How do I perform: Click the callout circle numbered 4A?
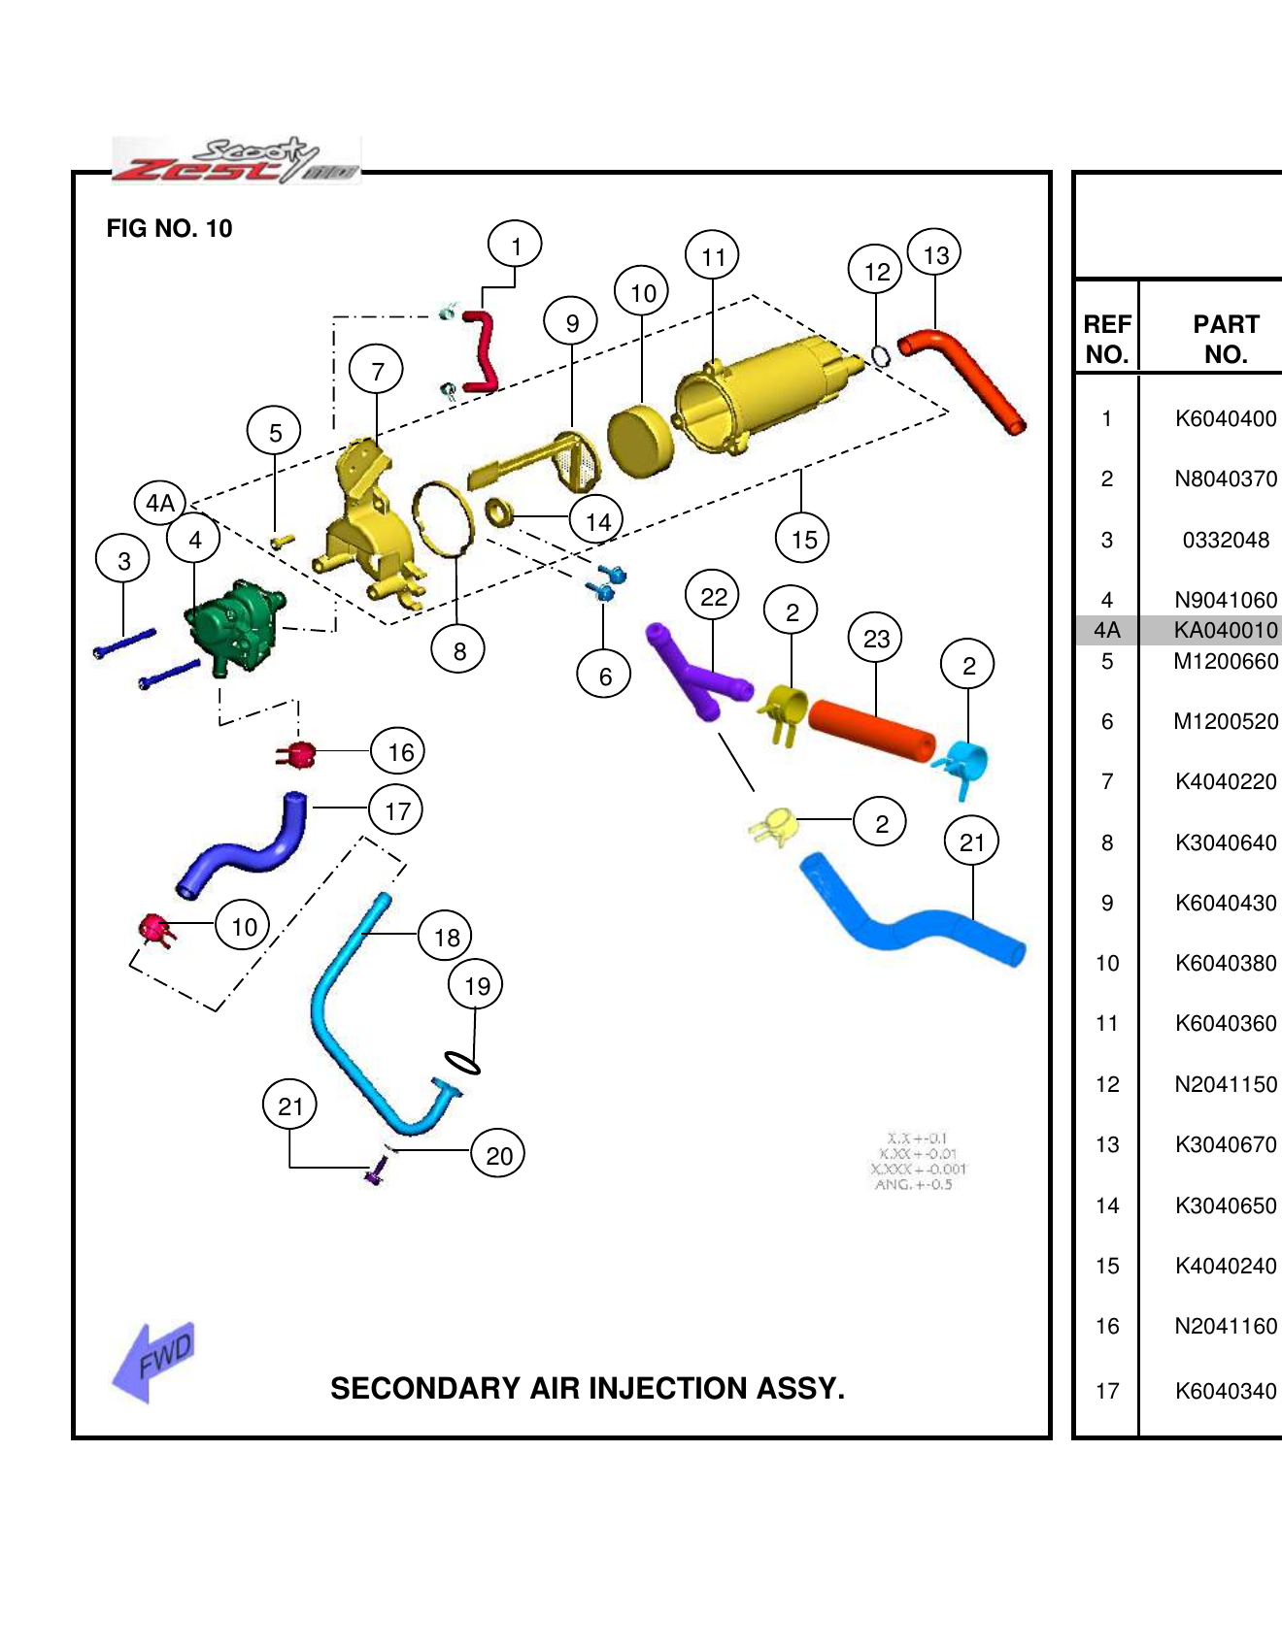point(160,503)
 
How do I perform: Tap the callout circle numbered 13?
point(934,254)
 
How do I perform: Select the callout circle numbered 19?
point(476,985)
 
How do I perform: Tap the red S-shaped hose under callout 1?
point(482,350)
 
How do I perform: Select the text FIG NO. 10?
point(169,228)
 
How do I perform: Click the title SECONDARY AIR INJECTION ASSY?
point(588,1388)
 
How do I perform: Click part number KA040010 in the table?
point(1226,630)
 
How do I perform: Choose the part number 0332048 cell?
point(1226,540)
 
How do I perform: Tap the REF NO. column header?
point(1107,339)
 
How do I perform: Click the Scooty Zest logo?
point(236,161)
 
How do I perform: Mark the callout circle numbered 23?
point(876,638)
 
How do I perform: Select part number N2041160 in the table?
point(1226,1326)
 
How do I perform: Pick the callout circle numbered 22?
point(713,596)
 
